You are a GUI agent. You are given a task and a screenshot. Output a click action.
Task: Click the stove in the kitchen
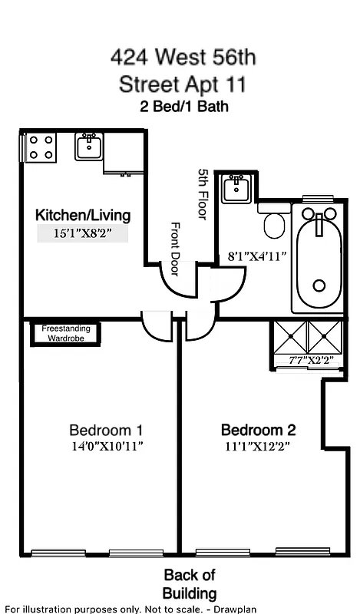[x=41, y=147]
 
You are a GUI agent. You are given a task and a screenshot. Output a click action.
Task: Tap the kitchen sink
[x=89, y=146]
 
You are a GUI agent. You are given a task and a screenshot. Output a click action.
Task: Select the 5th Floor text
[x=203, y=194]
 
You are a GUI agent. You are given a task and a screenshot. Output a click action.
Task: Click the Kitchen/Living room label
[x=84, y=215]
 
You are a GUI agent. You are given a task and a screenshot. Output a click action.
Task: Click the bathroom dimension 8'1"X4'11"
[x=253, y=257]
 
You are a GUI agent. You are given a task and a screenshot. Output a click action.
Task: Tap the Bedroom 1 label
[x=105, y=430]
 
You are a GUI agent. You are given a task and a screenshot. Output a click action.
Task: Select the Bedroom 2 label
[x=258, y=430]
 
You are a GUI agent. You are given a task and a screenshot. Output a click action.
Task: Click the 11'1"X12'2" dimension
[x=258, y=445]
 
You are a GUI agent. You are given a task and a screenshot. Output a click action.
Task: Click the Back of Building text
[x=190, y=584]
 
